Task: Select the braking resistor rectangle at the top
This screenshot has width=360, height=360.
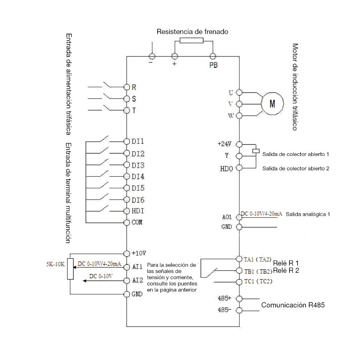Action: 192,41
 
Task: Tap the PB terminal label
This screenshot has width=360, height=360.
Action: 213,65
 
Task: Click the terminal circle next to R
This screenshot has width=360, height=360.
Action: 127,87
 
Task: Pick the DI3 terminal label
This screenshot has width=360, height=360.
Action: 138,165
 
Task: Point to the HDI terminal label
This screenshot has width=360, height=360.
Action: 138,211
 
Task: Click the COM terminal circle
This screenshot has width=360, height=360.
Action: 127,222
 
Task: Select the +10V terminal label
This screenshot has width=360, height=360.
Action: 139,253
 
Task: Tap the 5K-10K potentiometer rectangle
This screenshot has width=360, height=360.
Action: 70,269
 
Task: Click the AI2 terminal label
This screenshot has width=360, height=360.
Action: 138,280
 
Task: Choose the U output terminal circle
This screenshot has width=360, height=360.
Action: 239,92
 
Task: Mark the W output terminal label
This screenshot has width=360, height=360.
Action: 231,116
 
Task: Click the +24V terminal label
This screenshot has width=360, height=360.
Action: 224,144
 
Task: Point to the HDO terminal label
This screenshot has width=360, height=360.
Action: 226,169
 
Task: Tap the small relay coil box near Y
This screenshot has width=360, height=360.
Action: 256,151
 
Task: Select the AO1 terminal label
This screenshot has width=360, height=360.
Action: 227,217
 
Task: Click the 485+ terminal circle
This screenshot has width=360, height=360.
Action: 239,299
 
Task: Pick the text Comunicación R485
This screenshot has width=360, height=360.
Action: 293,305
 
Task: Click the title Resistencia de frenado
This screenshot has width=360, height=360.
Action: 192,32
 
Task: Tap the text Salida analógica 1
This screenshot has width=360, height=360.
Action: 308,214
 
